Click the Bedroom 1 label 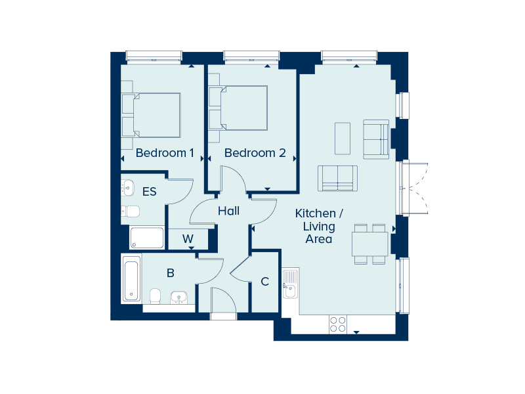click(164, 153)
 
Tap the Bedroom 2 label click(255, 153)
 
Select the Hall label click(228, 211)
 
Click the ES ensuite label click(150, 192)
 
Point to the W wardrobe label click(188, 238)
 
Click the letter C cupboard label click(265, 282)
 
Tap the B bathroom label click(170, 273)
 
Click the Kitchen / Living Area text click(319, 226)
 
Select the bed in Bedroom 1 click(154, 115)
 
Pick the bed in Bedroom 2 click(239, 108)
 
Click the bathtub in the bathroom click(131, 279)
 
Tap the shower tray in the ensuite click(147, 237)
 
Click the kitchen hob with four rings click(337, 324)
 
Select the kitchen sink click(290, 283)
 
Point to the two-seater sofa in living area click(338, 178)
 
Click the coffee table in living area click(343, 139)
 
